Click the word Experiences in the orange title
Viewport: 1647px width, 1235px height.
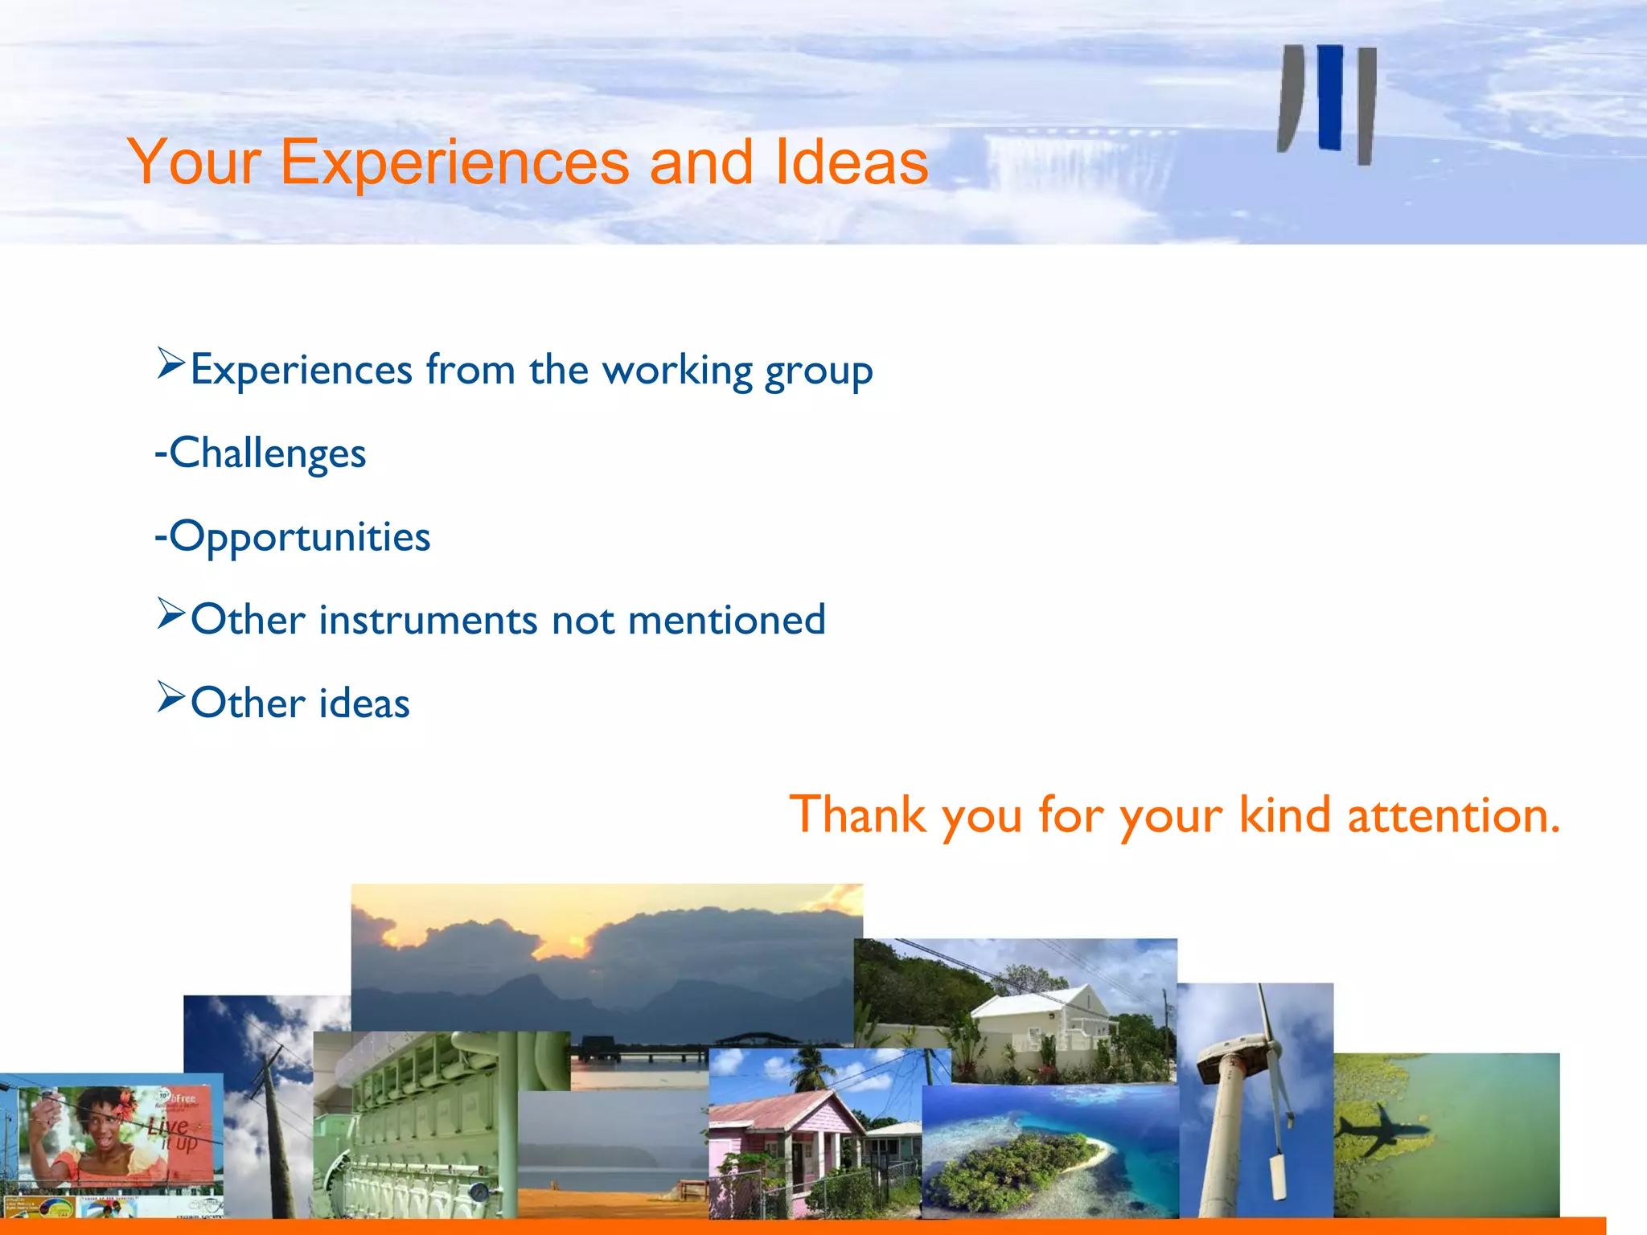(x=454, y=163)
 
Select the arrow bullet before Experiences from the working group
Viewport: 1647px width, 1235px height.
(x=170, y=364)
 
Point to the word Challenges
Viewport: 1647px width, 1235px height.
(x=267, y=453)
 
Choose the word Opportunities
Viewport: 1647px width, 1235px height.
(x=299, y=537)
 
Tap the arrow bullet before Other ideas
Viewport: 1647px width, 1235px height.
(x=170, y=697)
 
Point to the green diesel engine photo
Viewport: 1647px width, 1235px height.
(x=410, y=1126)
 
